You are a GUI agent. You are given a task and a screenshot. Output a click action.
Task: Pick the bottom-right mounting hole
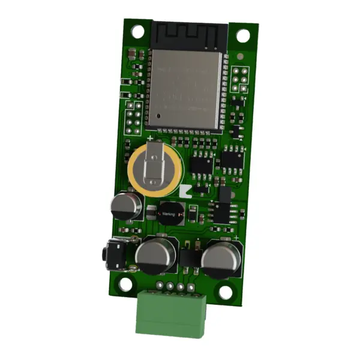[x=225, y=292]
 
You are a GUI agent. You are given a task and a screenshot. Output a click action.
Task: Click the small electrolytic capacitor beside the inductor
[x=125, y=205]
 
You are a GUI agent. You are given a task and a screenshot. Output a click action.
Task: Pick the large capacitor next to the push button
[x=155, y=254]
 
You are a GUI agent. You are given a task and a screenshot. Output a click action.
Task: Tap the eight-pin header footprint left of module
[x=133, y=118]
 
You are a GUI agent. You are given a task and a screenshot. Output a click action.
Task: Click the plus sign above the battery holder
[x=149, y=138]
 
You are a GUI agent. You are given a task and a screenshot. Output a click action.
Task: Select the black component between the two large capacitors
[x=188, y=257]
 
